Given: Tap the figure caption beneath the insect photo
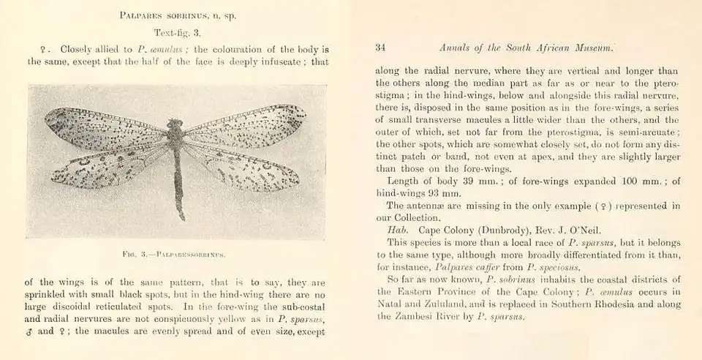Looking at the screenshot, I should pyautogui.click(x=174, y=254).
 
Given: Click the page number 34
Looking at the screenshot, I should pyautogui.click(x=380, y=48).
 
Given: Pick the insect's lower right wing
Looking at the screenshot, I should pyautogui.click(x=241, y=170).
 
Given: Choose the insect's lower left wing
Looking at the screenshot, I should pyautogui.click(x=110, y=167).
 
